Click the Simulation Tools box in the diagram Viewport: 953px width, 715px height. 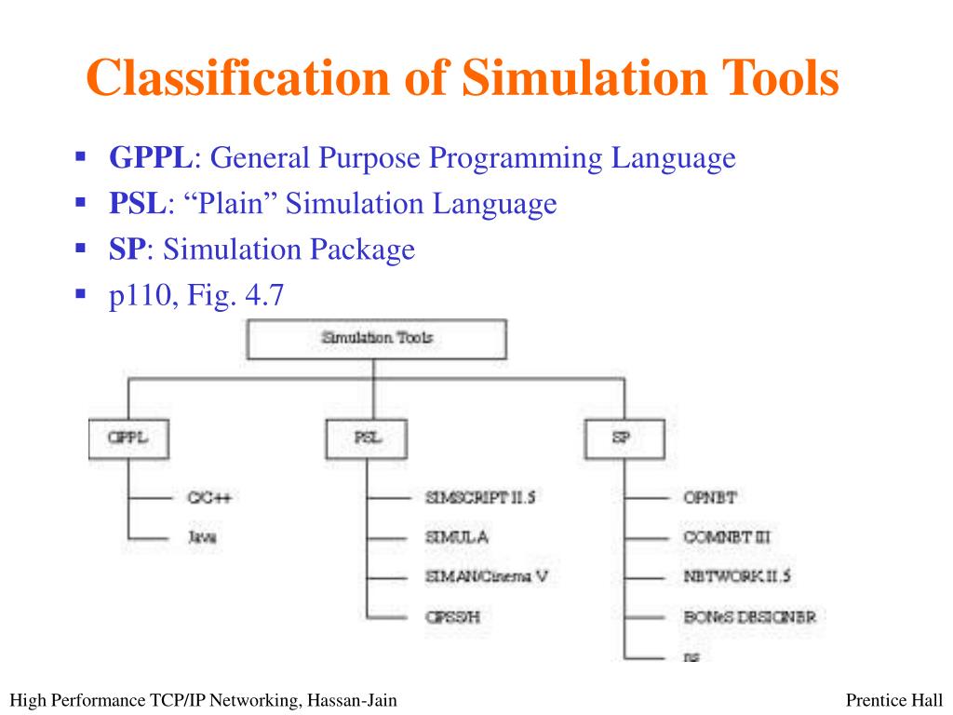point(376,339)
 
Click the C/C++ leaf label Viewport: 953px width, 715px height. point(208,498)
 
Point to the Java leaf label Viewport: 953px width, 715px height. point(202,537)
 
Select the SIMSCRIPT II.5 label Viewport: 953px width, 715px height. point(479,498)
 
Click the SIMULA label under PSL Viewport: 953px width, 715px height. point(457,537)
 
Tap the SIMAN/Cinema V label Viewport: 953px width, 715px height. point(486,576)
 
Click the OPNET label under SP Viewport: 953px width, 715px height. point(710,498)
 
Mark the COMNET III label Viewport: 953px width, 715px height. point(726,537)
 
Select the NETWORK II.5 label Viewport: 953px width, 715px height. point(736,576)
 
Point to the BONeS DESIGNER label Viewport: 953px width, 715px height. point(755,615)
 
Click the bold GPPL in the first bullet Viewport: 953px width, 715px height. point(150,159)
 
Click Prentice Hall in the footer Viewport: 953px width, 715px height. point(895,700)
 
